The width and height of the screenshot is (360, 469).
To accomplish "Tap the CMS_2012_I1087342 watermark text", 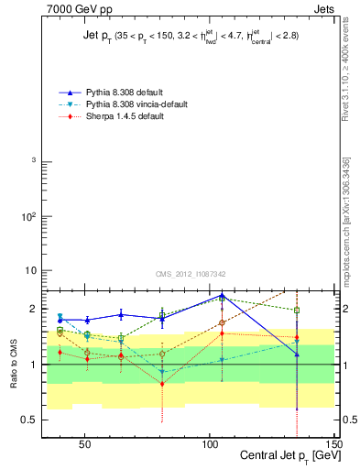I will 191,274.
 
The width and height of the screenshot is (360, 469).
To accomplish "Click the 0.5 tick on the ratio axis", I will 32,420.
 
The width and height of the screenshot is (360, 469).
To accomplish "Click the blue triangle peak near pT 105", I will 223,296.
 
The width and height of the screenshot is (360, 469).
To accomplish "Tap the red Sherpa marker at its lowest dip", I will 162,384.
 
